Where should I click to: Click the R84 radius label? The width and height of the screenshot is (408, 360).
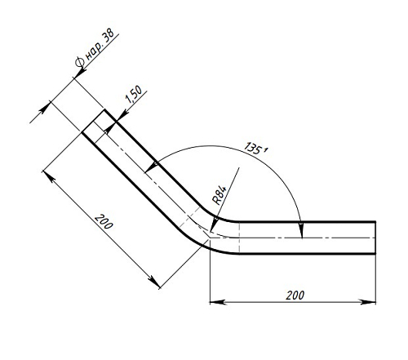(x=219, y=195)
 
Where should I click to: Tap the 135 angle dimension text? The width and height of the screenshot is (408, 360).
(x=253, y=149)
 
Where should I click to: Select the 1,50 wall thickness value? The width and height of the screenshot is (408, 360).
(x=134, y=94)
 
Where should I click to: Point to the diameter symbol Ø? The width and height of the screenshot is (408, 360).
(x=80, y=62)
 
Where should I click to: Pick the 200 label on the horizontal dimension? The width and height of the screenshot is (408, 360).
(x=295, y=295)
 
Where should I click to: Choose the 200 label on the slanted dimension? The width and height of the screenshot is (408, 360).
(x=104, y=221)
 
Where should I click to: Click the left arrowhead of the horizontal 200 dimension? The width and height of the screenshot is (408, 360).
(x=217, y=302)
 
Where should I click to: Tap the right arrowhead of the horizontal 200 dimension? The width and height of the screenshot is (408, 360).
(x=368, y=302)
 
